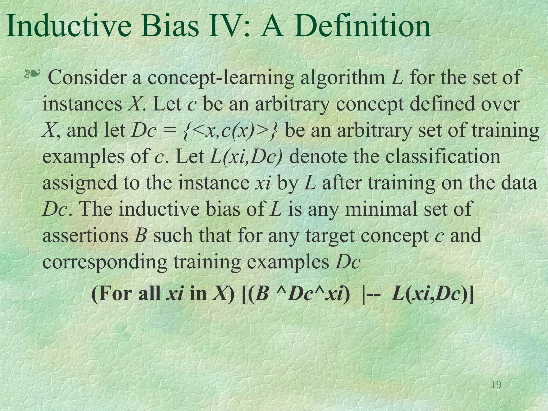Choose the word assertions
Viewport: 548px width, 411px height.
(x=85, y=236)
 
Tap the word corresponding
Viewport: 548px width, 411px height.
(x=104, y=262)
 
